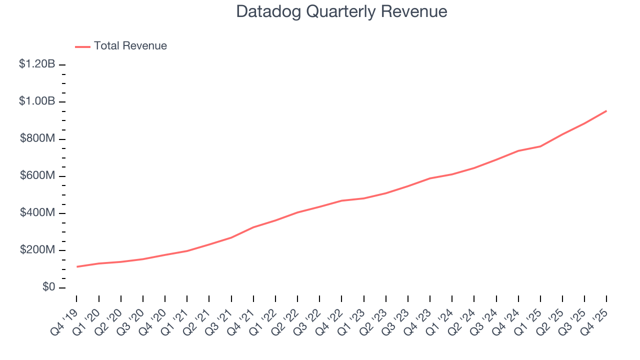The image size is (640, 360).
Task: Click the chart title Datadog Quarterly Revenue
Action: pyautogui.click(x=341, y=11)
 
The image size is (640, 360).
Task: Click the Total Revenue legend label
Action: pyautogui.click(x=130, y=46)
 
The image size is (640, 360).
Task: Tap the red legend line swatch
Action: pyautogui.click(x=82, y=46)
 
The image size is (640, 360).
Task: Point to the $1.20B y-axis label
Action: pyautogui.click(x=37, y=64)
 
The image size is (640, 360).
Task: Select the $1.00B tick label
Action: pyautogui.click(x=37, y=101)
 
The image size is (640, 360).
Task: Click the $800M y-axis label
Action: pyautogui.click(x=37, y=138)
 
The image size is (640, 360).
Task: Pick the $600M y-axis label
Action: pyautogui.click(x=37, y=175)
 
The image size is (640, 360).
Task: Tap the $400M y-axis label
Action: pyautogui.click(x=37, y=213)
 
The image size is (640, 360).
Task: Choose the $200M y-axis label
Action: pyautogui.click(x=37, y=250)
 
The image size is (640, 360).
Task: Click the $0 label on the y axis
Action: pyautogui.click(x=48, y=287)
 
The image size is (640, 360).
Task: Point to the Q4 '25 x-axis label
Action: pyautogui.click(x=596, y=316)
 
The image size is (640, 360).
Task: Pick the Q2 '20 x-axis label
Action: pyautogui.click(x=110, y=316)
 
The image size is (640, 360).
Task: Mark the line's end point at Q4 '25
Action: pyautogui.click(x=606, y=111)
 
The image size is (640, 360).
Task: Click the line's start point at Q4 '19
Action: pyautogui.click(x=76, y=266)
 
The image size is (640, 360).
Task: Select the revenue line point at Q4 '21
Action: pyautogui.click(x=253, y=227)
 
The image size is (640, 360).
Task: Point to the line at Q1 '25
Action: pyautogui.click(x=540, y=146)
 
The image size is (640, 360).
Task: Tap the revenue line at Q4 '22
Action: pyautogui.click(x=341, y=200)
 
